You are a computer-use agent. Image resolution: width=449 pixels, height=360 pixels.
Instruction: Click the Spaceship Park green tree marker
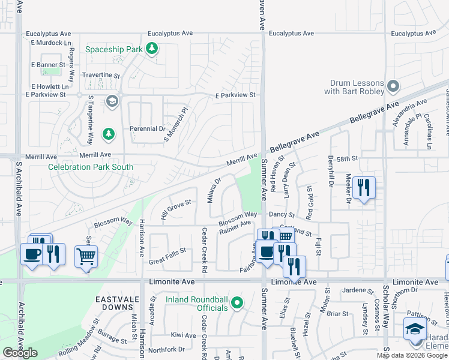(152, 49)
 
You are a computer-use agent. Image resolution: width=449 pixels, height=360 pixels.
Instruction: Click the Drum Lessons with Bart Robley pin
(393, 87)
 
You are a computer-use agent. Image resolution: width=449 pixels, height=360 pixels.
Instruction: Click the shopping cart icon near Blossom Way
(86, 256)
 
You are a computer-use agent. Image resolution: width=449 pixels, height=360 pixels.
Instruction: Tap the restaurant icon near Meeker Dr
(364, 187)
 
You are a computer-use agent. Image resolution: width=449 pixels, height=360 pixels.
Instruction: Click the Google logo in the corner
(20, 353)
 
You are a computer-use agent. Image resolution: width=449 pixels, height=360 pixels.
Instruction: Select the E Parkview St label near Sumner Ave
(235, 95)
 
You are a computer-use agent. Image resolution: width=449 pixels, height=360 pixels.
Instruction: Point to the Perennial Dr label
(147, 128)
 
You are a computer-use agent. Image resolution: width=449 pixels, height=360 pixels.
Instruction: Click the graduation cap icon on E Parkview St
(111, 101)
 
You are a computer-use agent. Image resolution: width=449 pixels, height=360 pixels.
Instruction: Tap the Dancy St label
(282, 214)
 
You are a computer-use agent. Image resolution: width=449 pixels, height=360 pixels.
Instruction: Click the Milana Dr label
(214, 189)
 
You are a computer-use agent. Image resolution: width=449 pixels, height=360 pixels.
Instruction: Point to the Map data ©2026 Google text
(411, 355)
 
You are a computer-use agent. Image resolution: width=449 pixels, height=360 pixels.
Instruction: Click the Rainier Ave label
(235, 227)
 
